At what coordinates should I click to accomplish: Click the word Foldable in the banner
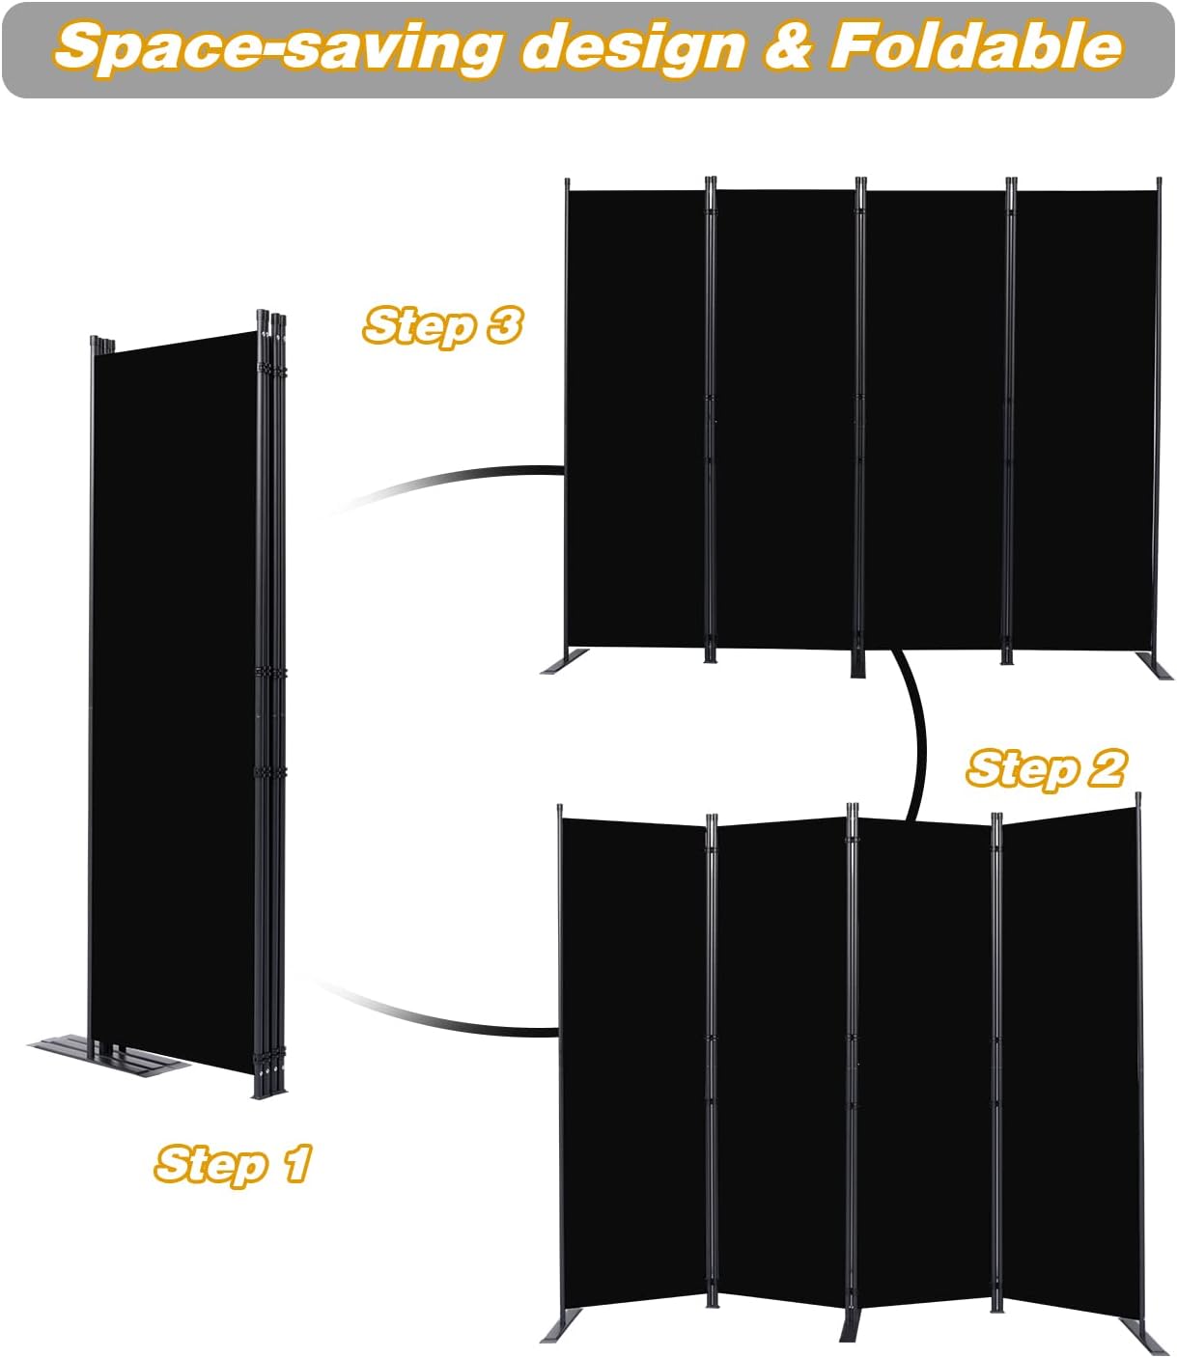coord(975,48)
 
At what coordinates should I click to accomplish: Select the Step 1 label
coord(233,1163)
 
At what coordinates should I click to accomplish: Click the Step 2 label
coord(1046,769)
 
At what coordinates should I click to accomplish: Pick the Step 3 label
coord(442,326)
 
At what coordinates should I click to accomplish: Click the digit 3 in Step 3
coord(502,326)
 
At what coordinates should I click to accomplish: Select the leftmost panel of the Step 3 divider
coord(635,415)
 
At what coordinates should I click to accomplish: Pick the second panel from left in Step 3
coord(784,415)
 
